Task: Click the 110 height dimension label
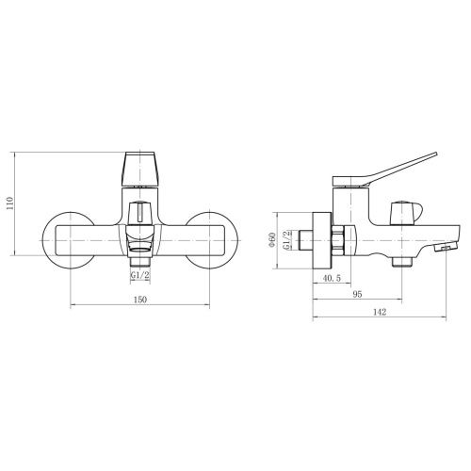pos(10,203)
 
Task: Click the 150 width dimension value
pos(140,300)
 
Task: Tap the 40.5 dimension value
pos(332,278)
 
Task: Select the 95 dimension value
pos(357,294)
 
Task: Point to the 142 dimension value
pos(380,312)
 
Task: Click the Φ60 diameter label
pos(272,240)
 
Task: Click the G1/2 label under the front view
pos(140,275)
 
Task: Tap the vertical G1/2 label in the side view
pos(286,240)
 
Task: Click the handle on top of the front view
pos(140,169)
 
